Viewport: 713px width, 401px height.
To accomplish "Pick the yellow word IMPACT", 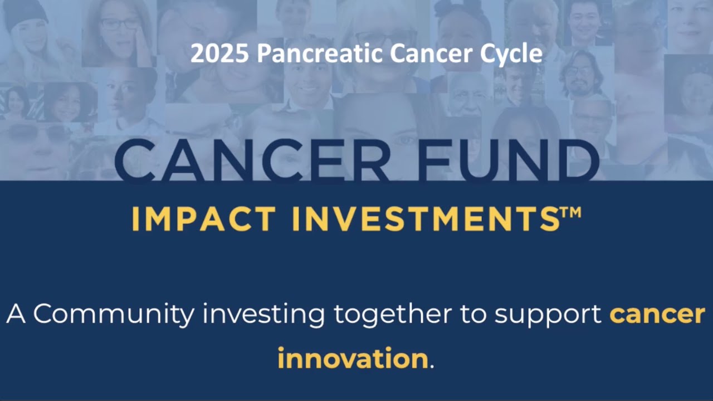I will click(203, 219).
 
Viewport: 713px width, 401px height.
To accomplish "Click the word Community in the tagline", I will click(114, 315).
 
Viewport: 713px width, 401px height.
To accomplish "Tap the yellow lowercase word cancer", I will click(657, 315).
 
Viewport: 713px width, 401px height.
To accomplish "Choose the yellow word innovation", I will click(353, 358).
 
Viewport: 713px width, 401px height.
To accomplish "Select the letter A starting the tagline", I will click(17, 315).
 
